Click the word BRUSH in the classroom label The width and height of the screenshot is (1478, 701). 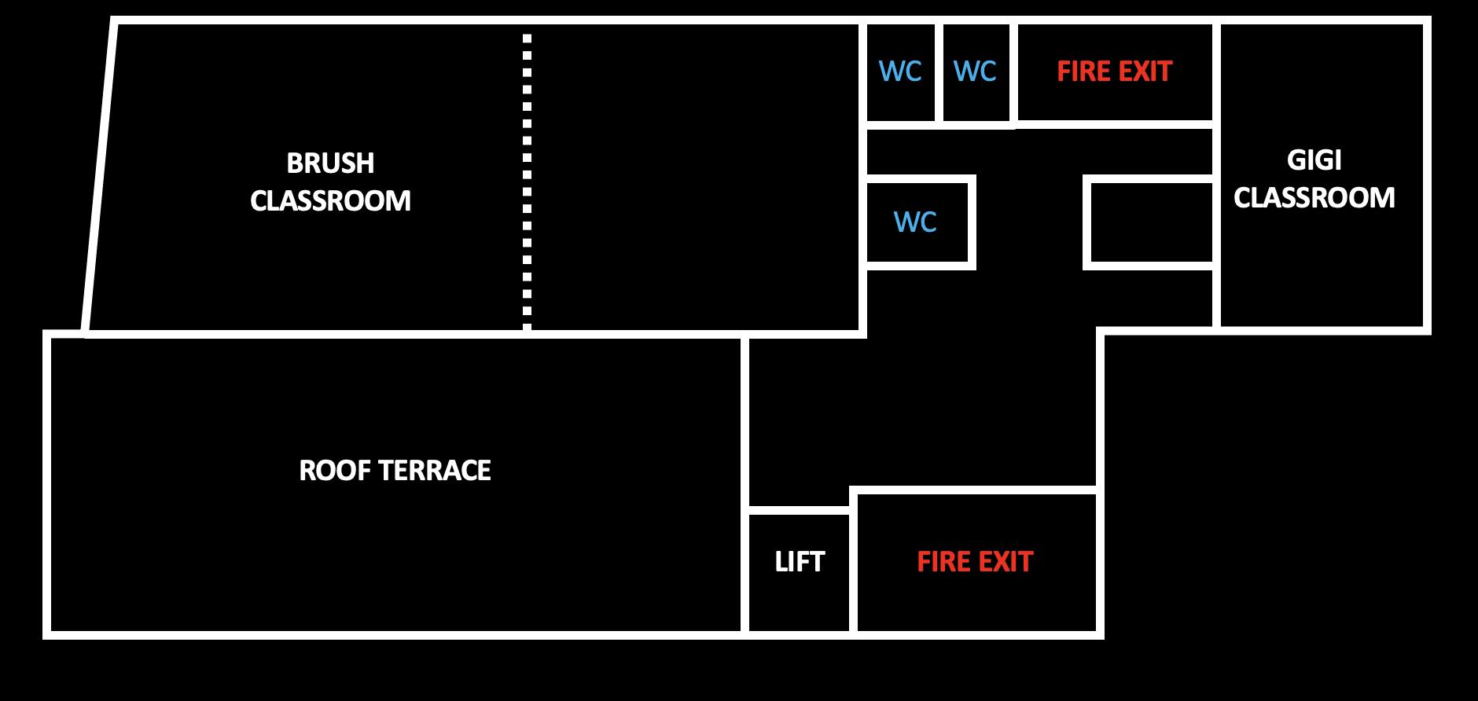pyautogui.click(x=330, y=163)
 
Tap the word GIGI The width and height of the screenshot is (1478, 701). pyautogui.click(x=1314, y=160)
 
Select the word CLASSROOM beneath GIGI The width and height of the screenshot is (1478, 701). pyautogui.click(x=1314, y=197)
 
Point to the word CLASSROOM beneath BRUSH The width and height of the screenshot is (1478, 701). pyautogui.click(x=330, y=201)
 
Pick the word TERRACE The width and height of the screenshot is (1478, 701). pyautogui.click(x=434, y=471)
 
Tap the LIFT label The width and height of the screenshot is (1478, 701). pyautogui.click(x=800, y=562)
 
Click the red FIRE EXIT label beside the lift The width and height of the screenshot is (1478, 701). pyautogui.click(x=975, y=562)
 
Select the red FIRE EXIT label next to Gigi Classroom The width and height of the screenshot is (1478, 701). pyautogui.click(x=1114, y=72)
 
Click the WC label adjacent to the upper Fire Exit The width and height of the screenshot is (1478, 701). pyautogui.click(x=975, y=72)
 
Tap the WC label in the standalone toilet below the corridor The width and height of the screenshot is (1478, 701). pyautogui.click(x=915, y=222)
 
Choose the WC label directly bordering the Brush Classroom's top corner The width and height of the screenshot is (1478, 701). pyautogui.click(x=900, y=72)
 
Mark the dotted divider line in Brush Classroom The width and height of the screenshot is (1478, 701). pyautogui.click(x=527, y=181)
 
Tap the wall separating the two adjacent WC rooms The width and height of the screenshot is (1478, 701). pyautogui.click(x=939, y=72)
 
